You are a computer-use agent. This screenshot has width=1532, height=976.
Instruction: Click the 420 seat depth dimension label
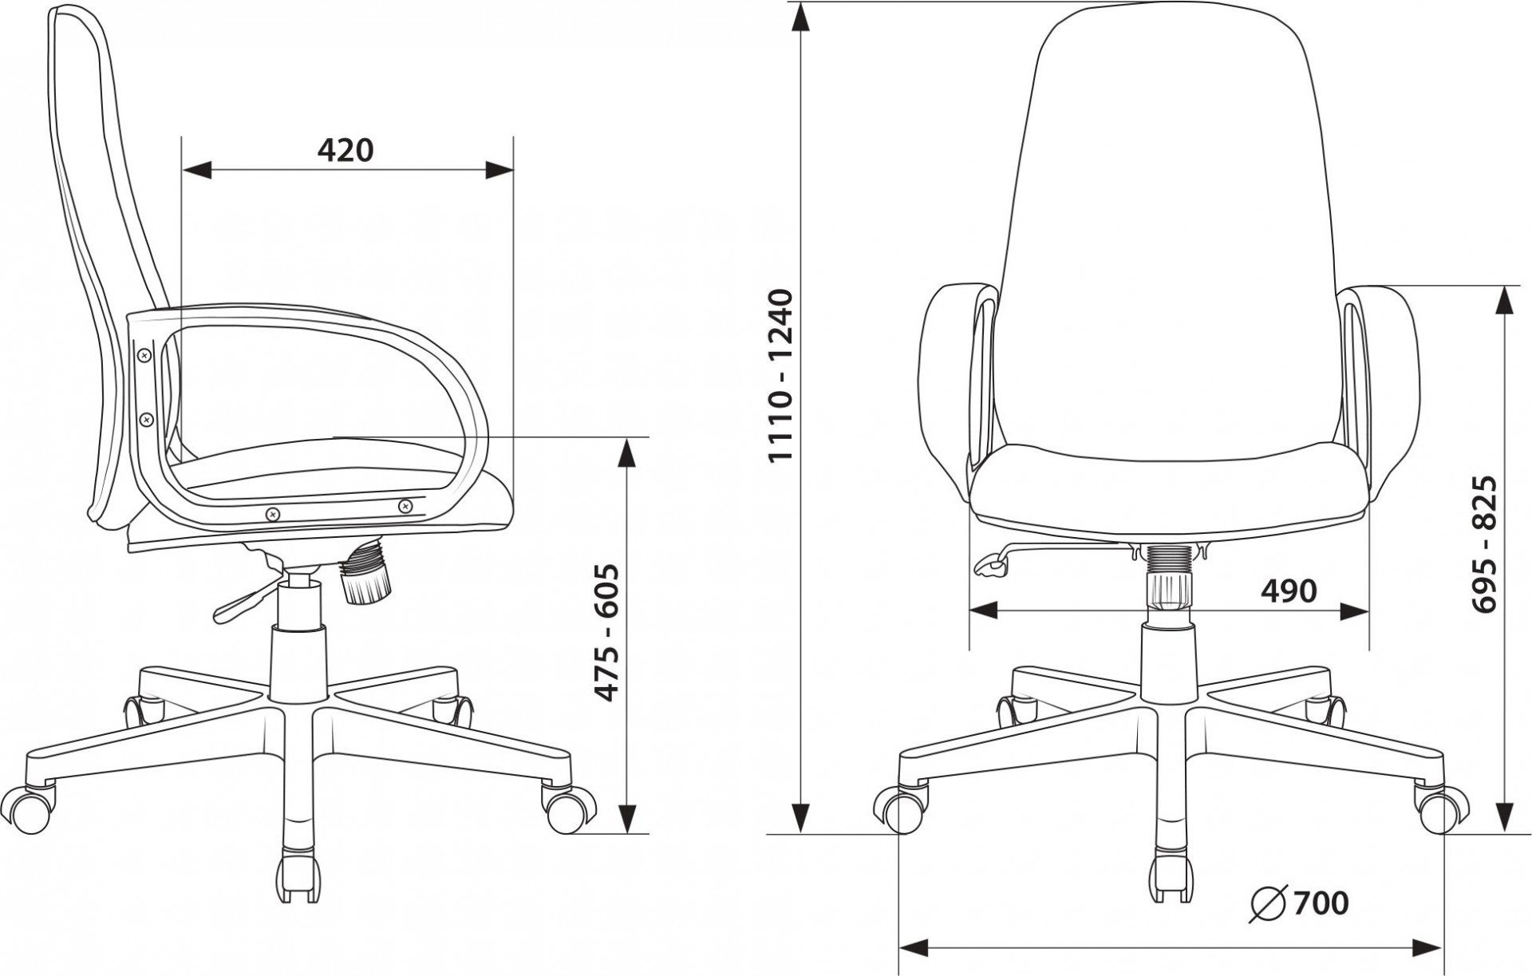[x=345, y=150]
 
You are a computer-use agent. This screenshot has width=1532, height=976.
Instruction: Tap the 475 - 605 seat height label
[x=609, y=633]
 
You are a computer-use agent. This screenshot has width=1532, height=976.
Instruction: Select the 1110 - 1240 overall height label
[x=780, y=375]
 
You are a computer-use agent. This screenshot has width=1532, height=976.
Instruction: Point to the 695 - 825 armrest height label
[x=1485, y=544]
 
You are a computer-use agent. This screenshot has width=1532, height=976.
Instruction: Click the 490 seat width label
[x=1289, y=591]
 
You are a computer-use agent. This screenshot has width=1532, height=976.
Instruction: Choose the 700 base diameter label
[x=1321, y=903]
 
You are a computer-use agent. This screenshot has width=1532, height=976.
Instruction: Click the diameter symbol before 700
[x=1268, y=903]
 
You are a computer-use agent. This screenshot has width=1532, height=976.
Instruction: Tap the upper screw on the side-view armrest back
[x=144, y=354]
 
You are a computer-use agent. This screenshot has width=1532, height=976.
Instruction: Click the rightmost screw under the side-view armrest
[x=405, y=505]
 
